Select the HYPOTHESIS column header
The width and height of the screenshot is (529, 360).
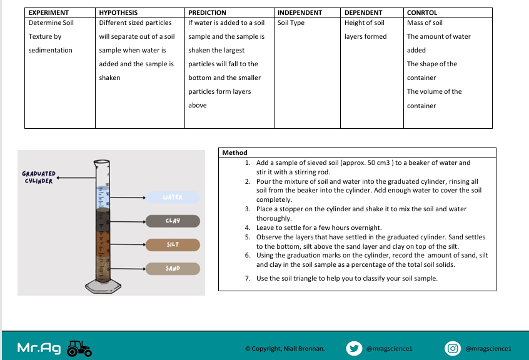pos(118,12)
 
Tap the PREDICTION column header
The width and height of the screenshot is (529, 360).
pos(208,12)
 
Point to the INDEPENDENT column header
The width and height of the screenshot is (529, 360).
pos(300,12)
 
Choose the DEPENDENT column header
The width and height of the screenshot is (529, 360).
pos(363,12)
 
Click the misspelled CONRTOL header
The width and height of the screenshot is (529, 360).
pos(422,12)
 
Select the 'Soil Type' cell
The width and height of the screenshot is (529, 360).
pos(291,23)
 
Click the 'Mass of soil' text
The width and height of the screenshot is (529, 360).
pos(425,23)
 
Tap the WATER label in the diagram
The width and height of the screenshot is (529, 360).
pos(173,197)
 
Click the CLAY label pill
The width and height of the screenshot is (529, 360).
pos(173,221)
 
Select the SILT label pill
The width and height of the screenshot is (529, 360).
pos(173,244)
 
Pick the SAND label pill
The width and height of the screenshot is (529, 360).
pos(173,269)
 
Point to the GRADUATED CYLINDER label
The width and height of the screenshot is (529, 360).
pos(39,177)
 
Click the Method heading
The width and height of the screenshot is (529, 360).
pos(235,152)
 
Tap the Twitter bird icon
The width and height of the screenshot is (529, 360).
pos(354,348)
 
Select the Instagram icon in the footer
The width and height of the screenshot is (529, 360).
pos(453,348)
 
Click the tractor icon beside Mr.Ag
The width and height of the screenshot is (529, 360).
pos(79,349)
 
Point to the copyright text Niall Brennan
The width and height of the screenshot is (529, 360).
pos(285,349)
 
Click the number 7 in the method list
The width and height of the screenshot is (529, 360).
pos(248,278)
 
